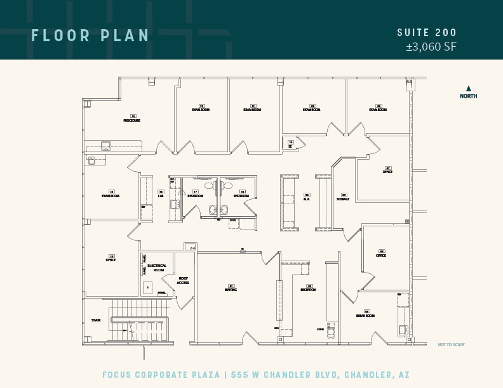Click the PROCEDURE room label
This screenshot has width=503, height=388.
coord(132,120)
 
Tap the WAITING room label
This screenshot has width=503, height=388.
coord(231,290)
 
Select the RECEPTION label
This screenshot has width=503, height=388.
coord(308,290)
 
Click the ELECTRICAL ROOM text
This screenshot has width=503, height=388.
coord(157,268)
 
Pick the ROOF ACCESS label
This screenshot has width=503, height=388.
coord(183,281)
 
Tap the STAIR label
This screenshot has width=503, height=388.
coord(96,320)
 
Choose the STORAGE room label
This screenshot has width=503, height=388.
coord(343,199)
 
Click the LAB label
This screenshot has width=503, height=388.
coord(161,196)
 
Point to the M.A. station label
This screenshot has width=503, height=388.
coord(306,199)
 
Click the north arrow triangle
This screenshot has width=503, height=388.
coord(469,89)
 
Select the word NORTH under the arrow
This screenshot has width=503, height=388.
coord(469,96)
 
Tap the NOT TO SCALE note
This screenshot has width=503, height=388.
coord(451,345)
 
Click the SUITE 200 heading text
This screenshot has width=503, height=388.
coord(427,33)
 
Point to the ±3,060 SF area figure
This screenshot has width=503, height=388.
coord(431,46)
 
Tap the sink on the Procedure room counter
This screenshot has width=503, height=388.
coord(105,146)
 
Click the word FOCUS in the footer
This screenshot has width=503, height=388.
coord(119,375)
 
